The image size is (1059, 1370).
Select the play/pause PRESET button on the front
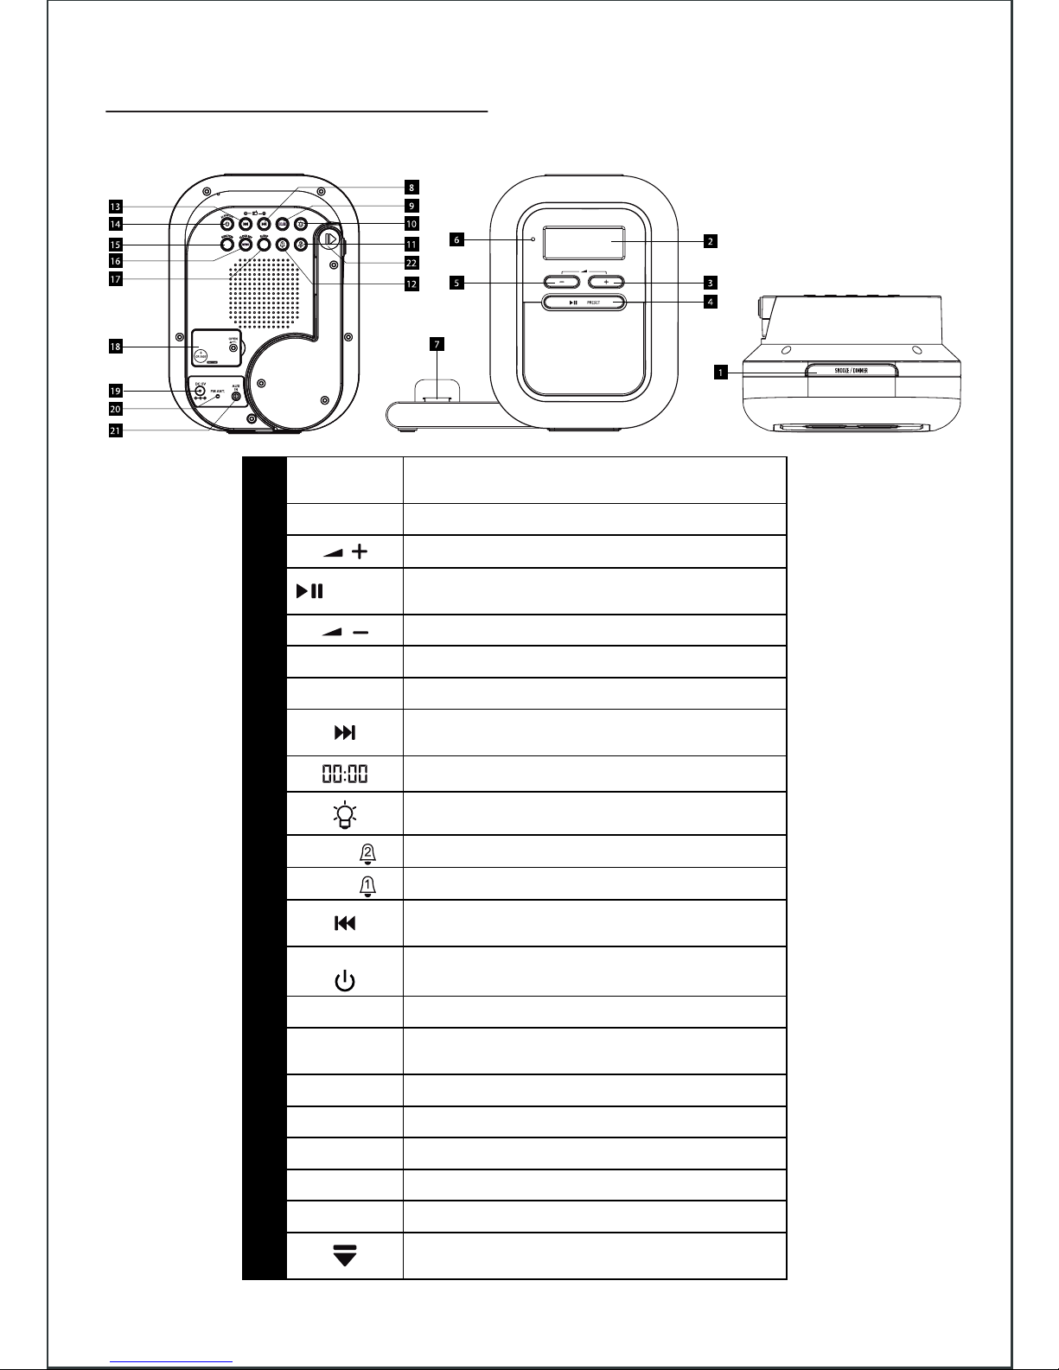click(584, 303)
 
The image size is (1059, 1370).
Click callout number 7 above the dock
click(437, 344)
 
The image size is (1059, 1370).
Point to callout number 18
click(115, 347)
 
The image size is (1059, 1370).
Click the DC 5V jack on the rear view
click(200, 392)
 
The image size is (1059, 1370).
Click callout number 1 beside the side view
click(719, 373)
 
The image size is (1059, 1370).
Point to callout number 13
click(115, 207)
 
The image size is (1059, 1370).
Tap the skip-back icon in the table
click(344, 924)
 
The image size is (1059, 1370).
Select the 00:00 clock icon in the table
click(344, 774)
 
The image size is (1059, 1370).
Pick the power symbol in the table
click(344, 981)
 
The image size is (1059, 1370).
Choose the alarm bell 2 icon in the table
click(367, 852)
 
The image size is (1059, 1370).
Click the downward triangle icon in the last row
click(344, 1255)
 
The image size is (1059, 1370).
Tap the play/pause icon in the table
click(309, 592)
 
